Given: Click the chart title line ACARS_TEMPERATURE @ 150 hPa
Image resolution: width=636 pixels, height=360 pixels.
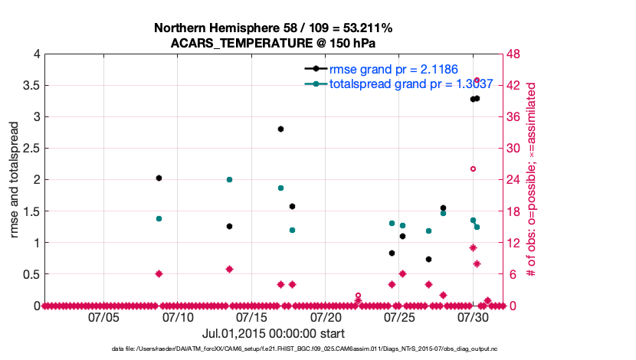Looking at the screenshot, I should click(x=273, y=43).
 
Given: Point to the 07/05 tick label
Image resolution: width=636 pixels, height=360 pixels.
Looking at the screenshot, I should click(x=103, y=316).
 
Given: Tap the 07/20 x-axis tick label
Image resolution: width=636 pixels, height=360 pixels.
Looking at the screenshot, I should click(x=326, y=316).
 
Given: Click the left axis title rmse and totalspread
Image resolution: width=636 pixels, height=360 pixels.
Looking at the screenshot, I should click(x=15, y=180).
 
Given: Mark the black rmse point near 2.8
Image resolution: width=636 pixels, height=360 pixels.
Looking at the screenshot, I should click(x=281, y=129).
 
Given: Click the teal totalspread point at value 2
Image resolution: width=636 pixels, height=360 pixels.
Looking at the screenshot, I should click(x=229, y=179).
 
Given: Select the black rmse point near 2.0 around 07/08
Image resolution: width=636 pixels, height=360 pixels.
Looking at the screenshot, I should click(x=159, y=178).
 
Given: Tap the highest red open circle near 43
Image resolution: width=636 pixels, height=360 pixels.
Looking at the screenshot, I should click(x=477, y=80).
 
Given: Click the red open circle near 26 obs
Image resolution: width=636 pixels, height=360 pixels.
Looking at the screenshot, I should click(x=473, y=169).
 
